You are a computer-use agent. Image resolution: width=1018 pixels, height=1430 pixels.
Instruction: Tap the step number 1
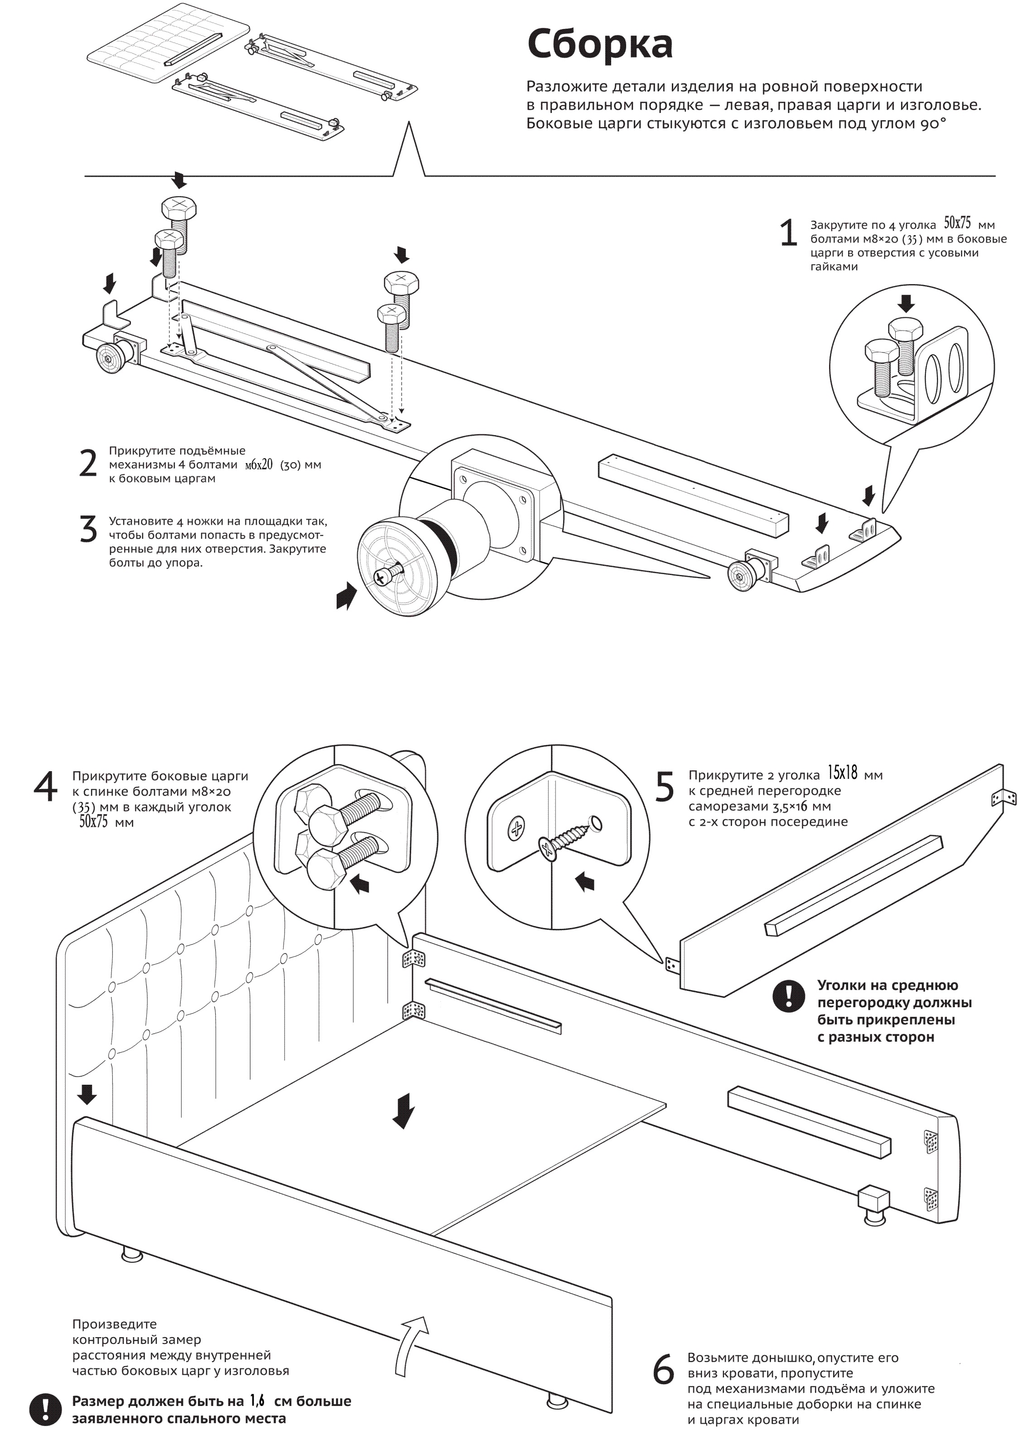tap(788, 233)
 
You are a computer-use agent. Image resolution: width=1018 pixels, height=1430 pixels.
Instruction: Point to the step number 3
tap(88, 530)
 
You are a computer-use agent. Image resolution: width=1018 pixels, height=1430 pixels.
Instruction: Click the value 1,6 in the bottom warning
tap(256, 1401)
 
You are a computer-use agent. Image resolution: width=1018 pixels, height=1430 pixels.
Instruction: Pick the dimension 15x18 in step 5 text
tap(842, 773)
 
